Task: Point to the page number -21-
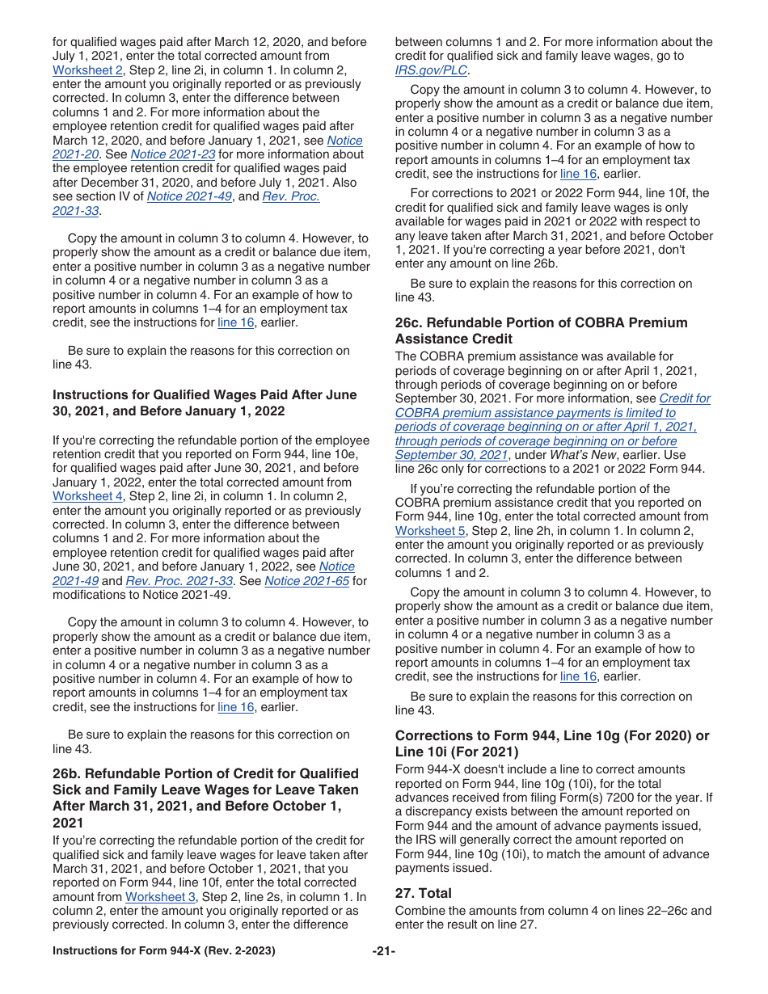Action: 383,951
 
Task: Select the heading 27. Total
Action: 423,893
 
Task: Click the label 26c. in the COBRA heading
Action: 411,322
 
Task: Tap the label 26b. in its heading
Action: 69,773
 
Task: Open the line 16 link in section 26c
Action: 578,676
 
